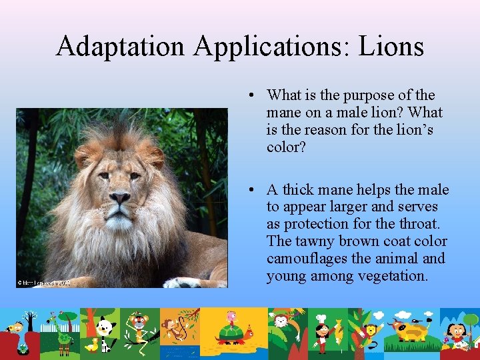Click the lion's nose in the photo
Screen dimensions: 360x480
(x=119, y=198)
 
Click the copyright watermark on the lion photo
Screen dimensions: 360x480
(x=44, y=283)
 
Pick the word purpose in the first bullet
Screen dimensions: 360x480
(x=381, y=95)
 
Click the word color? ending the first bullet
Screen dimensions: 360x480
(x=286, y=147)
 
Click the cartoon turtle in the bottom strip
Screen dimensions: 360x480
(x=231, y=330)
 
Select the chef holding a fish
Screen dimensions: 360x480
(x=322, y=330)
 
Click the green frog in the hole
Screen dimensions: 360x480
(x=23, y=343)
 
